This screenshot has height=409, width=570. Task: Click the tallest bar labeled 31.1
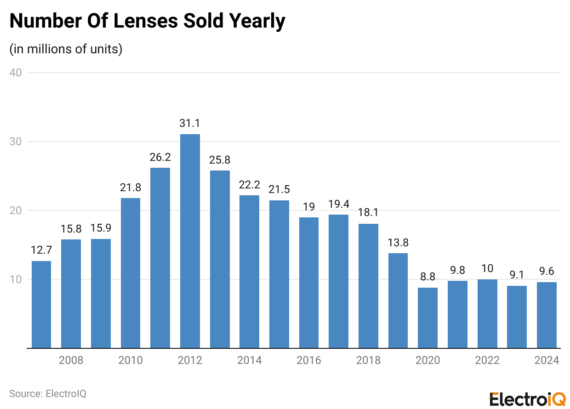click(190, 241)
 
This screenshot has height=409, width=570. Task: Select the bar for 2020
click(427, 318)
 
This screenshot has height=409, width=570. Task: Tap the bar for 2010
click(131, 273)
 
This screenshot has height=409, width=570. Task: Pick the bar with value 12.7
click(41, 304)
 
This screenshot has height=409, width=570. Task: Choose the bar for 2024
click(547, 315)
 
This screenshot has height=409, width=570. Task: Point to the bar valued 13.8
click(398, 301)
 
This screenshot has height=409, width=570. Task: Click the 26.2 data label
click(160, 157)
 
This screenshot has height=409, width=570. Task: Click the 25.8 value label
click(220, 160)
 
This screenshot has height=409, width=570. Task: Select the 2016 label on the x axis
click(309, 360)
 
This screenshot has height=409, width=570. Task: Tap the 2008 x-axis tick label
click(71, 360)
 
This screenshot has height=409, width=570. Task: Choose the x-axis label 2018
click(368, 360)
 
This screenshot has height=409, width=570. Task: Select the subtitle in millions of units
click(66, 49)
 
